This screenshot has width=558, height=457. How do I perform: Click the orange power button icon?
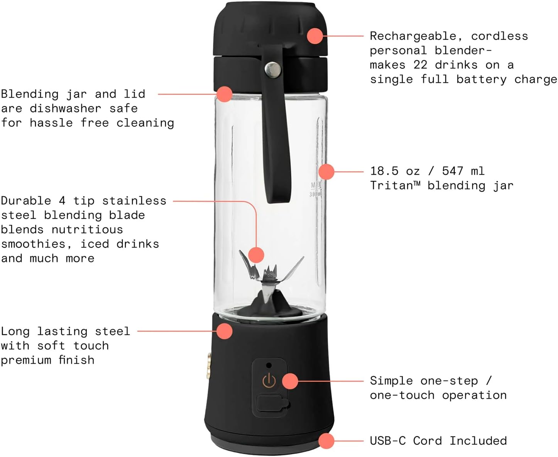(x=269, y=381)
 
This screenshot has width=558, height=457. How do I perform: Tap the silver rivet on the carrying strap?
(x=273, y=70)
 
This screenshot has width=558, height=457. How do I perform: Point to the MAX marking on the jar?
(x=316, y=186)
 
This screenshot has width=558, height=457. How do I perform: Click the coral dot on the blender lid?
(x=315, y=36)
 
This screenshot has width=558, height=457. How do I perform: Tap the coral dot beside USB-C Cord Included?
(x=326, y=441)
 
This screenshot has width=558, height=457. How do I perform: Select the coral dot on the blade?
(x=256, y=255)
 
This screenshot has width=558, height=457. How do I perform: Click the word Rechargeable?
(x=413, y=36)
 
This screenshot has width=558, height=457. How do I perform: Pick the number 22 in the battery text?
(x=420, y=65)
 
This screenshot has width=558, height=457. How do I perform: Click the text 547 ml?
(x=463, y=171)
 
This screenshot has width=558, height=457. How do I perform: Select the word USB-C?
(x=387, y=441)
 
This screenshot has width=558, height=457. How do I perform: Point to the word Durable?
(x=26, y=201)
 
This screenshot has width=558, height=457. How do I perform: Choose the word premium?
(x=26, y=360)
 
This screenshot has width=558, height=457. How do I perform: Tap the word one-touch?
(x=402, y=395)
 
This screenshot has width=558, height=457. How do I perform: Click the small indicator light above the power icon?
(x=269, y=365)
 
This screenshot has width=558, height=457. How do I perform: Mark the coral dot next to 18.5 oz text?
(x=326, y=171)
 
